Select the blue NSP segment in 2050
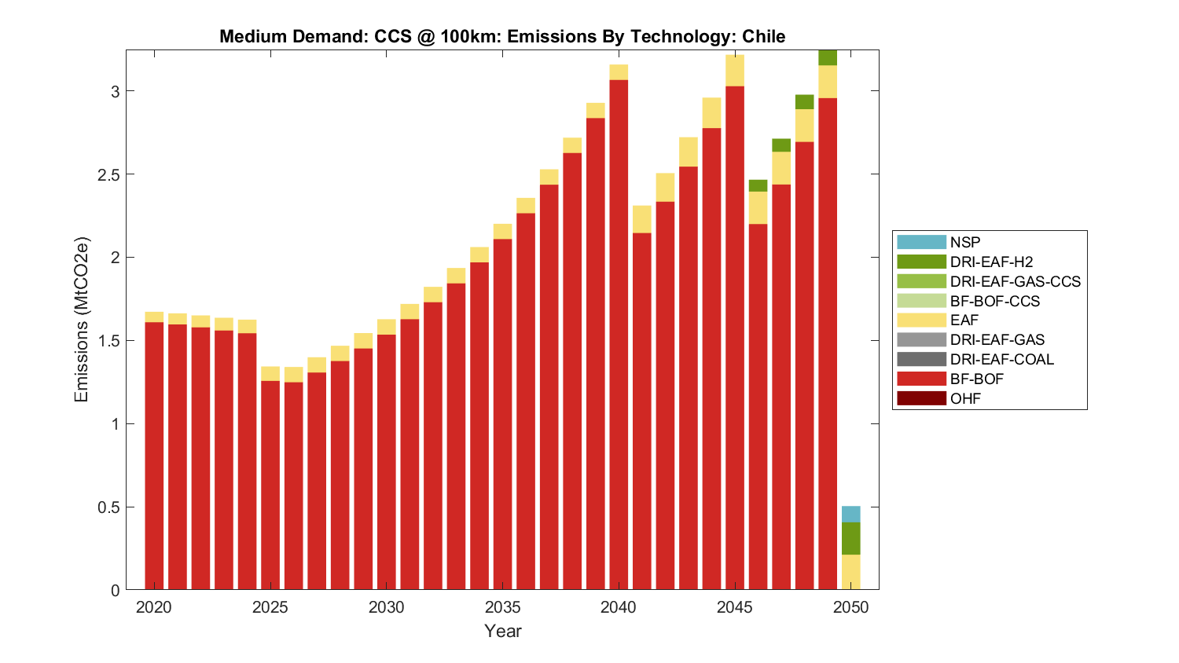pyautogui.click(x=850, y=514)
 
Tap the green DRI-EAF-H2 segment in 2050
pyautogui.click(x=850, y=538)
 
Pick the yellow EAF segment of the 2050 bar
pyautogui.click(x=850, y=572)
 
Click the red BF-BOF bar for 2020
pyautogui.click(x=154, y=456)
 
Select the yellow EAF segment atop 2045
pyautogui.click(x=735, y=71)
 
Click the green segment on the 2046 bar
pyautogui.click(x=758, y=185)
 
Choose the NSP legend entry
pyautogui.click(x=964, y=242)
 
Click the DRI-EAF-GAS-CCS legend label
pyautogui.click(x=1015, y=281)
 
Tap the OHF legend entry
pyautogui.click(x=965, y=398)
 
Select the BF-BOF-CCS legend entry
pyautogui.click(x=994, y=301)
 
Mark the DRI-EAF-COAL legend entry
pyautogui.click(x=1001, y=359)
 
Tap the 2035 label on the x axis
pyautogui.click(x=502, y=607)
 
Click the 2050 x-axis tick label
pyautogui.click(x=850, y=607)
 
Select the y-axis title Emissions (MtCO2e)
pyautogui.click(x=82, y=319)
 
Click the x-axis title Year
pyautogui.click(x=502, y=631)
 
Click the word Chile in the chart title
pyautogui.click(x=763, y=36)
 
